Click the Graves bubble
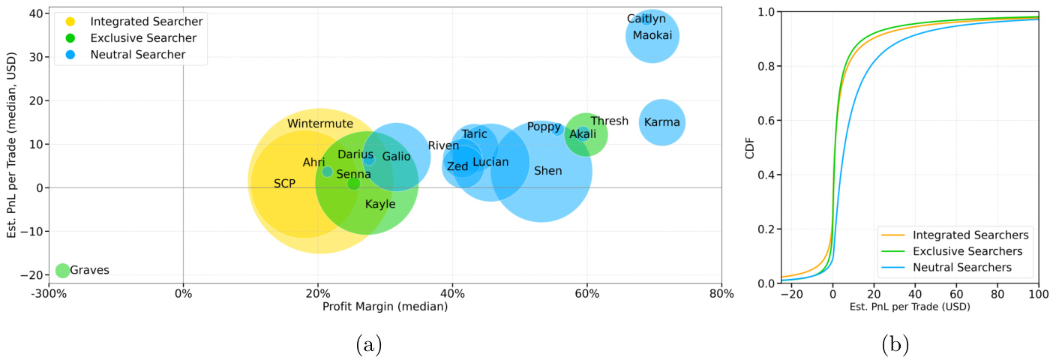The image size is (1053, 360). [62, 270]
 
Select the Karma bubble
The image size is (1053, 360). [661, 122]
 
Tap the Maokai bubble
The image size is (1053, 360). [652, 35]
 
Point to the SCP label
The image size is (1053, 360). [284, 183]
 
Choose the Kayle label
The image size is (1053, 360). [380, 204]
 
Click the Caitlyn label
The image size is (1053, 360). [646, 19]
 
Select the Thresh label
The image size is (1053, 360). [609, 121]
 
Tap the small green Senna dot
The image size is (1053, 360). [353, 183]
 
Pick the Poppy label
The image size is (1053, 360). [544, 127]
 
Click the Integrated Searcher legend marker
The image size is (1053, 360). [70, 22]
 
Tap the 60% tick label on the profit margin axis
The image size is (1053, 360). [586, 294]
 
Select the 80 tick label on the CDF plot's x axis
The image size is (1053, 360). [997, 294]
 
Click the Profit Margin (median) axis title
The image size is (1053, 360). [385, 307]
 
